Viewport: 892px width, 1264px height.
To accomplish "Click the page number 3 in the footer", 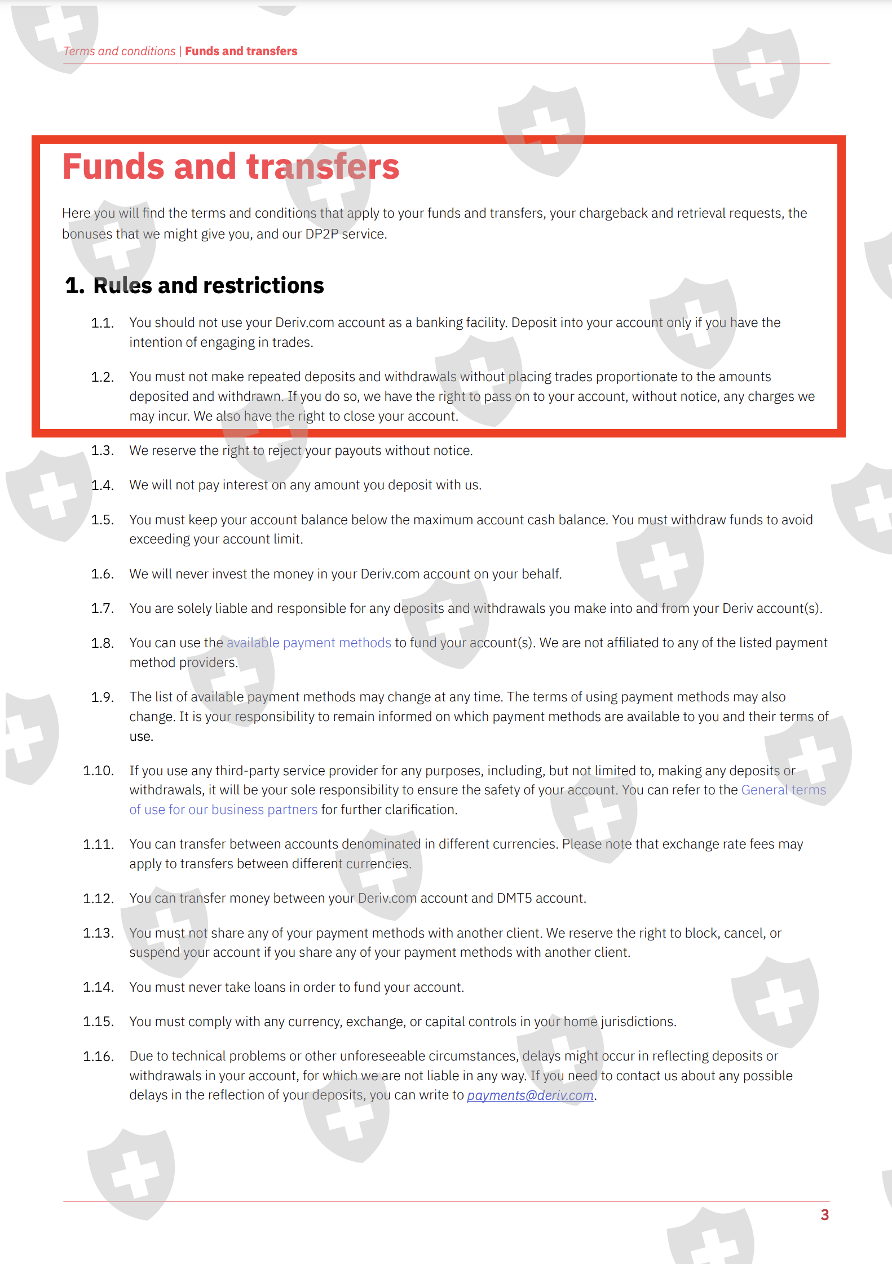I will click(x=824, y=1215).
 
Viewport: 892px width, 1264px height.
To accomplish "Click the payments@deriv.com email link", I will click(x=530, y=1095).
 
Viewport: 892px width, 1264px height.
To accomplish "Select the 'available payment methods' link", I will click(x=308, y=643).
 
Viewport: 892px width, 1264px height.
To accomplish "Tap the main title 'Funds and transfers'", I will click(x=231, y=167).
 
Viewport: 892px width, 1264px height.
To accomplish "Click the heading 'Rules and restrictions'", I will click(x=208, y=286).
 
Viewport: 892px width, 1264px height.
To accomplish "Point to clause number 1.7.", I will click(x=103, y=608).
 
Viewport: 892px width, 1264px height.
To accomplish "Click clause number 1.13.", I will click(x=99, y=933).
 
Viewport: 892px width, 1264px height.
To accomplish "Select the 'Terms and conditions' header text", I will click(x=120, y=51).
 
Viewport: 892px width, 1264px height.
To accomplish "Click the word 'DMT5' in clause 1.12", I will click(x=514, y=898).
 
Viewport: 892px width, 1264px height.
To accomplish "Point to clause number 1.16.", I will click(x=99, y=1057).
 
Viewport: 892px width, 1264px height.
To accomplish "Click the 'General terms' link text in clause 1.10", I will click(x=783, y=790).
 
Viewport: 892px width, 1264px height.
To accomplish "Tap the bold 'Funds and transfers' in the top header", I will click(x=241, y=51).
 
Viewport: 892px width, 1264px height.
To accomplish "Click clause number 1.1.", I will click(x=103, y=323).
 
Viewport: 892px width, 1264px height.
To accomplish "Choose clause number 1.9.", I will click(x=103, y=697).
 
